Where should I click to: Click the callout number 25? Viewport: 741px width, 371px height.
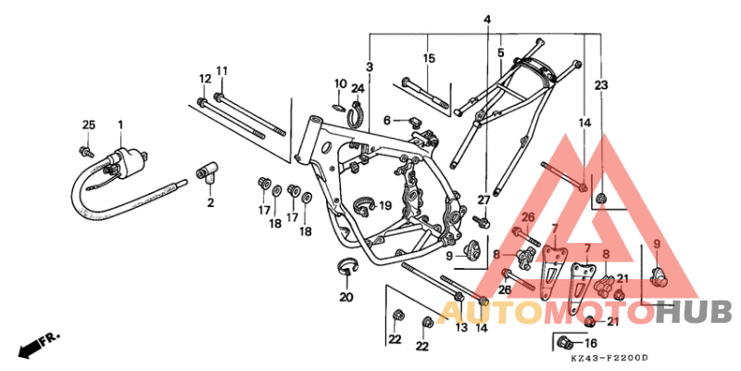[89, 125]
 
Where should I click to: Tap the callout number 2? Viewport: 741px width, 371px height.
[210, 202]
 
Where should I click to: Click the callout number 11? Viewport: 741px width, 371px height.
[222, 71]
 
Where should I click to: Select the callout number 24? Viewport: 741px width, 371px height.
[358, 89]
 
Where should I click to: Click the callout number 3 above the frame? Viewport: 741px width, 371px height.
[370, 67]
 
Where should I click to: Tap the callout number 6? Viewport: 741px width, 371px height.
[389, 120]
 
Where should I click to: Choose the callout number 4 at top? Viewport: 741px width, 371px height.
[487, 19]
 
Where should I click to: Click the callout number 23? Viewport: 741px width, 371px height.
[600, 85]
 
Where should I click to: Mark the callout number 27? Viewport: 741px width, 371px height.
[483, 200]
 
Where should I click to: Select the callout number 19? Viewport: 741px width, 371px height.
[385, 205]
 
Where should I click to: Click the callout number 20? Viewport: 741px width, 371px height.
[346, 298]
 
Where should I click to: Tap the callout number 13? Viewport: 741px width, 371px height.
[460, 327]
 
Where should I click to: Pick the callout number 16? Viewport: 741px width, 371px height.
[591, 343]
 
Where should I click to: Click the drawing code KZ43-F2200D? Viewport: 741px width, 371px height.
[609, 358]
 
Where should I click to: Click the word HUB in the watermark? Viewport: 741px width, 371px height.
[694, 313]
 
